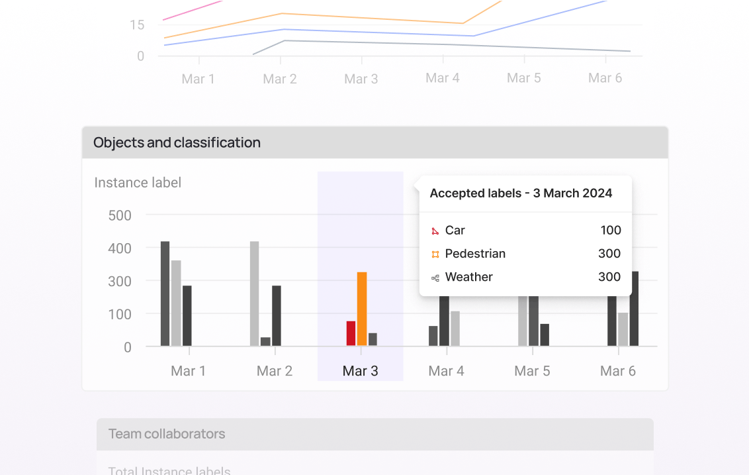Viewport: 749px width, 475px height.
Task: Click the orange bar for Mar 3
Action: [361, 309]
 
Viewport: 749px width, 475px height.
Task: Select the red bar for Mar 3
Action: [351, 333]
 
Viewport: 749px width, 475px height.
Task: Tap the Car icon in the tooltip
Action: [435, 231]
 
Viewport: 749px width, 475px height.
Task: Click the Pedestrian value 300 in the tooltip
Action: [609, 254]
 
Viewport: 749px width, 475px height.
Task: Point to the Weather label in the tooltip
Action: [468, 277]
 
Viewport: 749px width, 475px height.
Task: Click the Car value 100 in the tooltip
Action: [610, 231]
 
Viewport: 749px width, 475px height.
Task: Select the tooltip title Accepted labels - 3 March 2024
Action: [521, 193]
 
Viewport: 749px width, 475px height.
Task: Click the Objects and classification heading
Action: [177, 142]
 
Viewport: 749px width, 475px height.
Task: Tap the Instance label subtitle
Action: [138, 183]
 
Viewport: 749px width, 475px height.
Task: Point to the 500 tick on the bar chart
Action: [119, 215]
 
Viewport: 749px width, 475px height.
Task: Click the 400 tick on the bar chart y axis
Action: [119, 248]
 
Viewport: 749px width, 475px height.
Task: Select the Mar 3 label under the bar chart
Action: [360, 371]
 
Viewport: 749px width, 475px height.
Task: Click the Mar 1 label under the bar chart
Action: [188, 371]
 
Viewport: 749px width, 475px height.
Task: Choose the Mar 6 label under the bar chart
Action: [617, 371]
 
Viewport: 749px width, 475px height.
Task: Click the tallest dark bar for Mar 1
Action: [165, 293]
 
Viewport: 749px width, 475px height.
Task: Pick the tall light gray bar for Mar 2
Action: [254, 293]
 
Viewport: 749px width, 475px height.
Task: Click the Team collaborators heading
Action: [167, 434]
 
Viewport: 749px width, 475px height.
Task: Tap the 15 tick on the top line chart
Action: [136, 25]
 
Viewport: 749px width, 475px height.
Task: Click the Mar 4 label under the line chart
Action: [442, 78]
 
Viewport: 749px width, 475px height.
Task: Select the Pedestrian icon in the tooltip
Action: [435, 254]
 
